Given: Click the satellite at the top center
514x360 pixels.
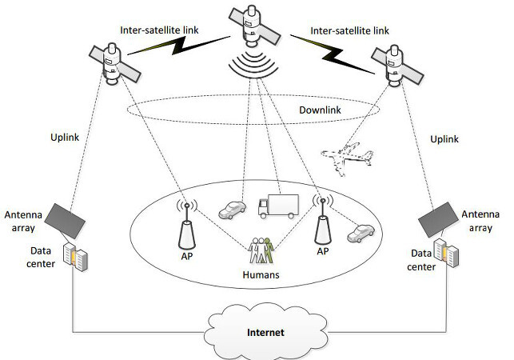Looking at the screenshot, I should (254, 32).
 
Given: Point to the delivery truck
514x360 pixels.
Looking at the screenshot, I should (276, 207).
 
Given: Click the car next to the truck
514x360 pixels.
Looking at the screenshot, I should (233, 210).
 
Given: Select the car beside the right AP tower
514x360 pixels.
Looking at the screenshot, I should (360, 233).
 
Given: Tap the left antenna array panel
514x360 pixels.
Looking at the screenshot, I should (66, 219).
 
